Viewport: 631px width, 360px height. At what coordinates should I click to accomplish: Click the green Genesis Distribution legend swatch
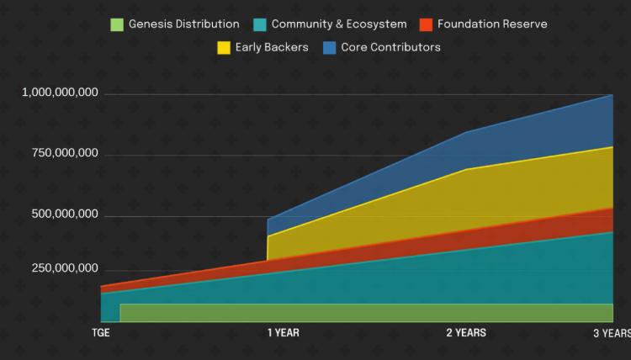[117, 24]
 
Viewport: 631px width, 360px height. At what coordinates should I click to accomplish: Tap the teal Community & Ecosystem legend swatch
[260, 24]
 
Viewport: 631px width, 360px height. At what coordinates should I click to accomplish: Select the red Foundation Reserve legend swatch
[426, 24]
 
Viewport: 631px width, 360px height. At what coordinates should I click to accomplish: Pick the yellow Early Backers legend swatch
[224, 47]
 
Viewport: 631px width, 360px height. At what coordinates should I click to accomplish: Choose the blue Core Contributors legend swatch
[330, 47]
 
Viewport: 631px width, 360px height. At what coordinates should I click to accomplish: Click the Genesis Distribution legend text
[183, 24]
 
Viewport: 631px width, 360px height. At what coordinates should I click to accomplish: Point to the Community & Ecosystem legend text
[339, 24]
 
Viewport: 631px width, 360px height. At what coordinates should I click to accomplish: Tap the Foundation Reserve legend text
[492, 24]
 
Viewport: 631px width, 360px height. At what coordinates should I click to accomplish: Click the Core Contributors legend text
[390, 47]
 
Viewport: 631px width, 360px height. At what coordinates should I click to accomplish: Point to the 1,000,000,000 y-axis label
[61, 93]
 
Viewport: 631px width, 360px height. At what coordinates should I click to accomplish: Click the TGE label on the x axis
[101, 333]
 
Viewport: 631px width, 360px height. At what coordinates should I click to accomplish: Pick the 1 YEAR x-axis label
[284, 333]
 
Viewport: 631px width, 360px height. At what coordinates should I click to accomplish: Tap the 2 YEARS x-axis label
[466, 333]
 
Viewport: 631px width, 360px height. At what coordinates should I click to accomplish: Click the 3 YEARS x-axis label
[611, 333]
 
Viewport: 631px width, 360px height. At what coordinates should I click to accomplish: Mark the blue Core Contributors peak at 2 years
[466, 132]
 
